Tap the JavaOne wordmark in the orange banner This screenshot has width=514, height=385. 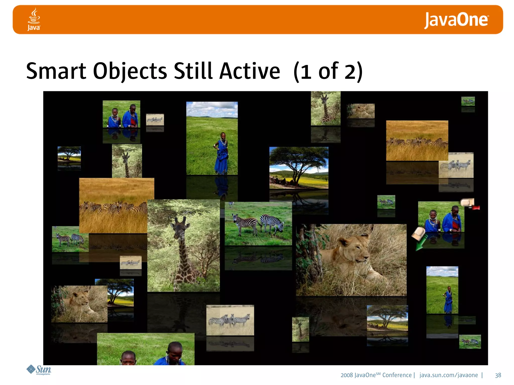tap(456, 20)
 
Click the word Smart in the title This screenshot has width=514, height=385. tap(56, 71)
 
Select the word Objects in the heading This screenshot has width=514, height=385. tap(130, 71)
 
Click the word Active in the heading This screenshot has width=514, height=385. tap(249, 71)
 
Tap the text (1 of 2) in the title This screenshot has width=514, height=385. tap(328, 71)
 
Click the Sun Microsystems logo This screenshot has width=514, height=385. tap(39, 370)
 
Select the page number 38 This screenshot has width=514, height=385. tap(498, 375)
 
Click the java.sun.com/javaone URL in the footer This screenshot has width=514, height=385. tap(448, 375)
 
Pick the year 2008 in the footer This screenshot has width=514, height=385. tap(347, 375)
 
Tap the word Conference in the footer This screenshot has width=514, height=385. tap(397, 375)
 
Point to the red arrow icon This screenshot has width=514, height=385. tap(476, 208)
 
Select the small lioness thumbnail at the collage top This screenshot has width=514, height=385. tap(361, 111)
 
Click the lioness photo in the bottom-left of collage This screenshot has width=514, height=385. tap(79, 304)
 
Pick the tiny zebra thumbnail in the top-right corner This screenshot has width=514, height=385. tap(468, 101)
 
